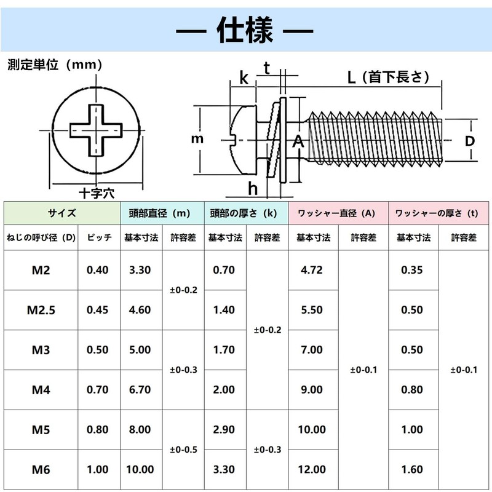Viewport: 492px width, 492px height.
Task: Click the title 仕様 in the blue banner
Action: coord(245,30)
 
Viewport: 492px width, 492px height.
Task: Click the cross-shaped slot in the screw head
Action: coord(96,130)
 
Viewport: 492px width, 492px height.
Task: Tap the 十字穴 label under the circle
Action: coord(97,193)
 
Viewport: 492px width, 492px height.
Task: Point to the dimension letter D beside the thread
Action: coord(469,141)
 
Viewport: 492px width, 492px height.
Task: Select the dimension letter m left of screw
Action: coord(197,139)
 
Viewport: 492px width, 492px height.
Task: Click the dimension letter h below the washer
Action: coord(253,189)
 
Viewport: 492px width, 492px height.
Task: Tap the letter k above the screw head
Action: coord(244,77)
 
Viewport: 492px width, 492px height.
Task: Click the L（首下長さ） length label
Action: coord(389,77)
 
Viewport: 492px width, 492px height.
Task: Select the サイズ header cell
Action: coord(62,213)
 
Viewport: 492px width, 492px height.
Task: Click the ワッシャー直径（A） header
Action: coord(336,213)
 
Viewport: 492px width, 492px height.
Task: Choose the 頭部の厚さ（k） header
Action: coord(243,213)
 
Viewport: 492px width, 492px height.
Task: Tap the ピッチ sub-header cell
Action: coord(99,237)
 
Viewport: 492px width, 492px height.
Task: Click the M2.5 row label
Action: coord(41,310)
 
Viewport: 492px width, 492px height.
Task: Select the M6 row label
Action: coord(41,470)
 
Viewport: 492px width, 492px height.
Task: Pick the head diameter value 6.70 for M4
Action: coord(140,390)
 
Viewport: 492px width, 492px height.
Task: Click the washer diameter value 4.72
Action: coord(312,270)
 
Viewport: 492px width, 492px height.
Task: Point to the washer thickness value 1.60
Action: coord(412,469)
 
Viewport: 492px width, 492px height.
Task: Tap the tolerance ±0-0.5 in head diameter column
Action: coord(183,450)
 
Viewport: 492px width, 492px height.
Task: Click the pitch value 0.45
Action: coord(97,310)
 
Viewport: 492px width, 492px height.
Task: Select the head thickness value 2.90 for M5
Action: coord(224,429)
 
